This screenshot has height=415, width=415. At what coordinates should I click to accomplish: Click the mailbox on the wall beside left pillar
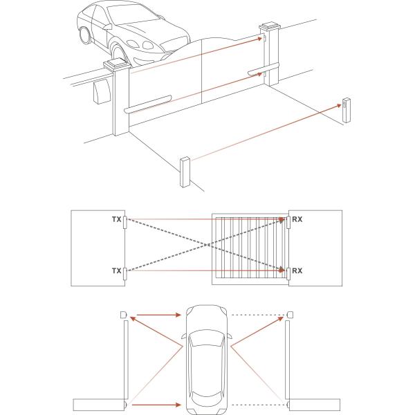pyautogui.click(x=102, y=91)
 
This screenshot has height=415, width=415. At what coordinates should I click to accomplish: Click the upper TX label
pyautogui.click(x=116, y=220)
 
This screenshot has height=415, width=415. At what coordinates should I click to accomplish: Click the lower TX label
pyautogui.click(x=116, y=270)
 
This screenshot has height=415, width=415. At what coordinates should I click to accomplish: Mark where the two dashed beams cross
pyautogui.click(x=205, y=245)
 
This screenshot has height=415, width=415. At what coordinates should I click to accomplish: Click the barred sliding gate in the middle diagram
pyautogui.click(x=249, y=249)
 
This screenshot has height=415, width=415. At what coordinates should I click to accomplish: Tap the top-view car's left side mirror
pyautogui.click(x=181, y=341)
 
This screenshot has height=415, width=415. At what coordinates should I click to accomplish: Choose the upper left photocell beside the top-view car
pyautogui.click(x=123, y=315)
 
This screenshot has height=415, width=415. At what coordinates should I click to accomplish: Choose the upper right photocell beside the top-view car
pyautogui.click(x=289, y=315)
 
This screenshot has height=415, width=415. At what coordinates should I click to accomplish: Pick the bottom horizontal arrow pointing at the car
pyautogui.click(x=156, y=403)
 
